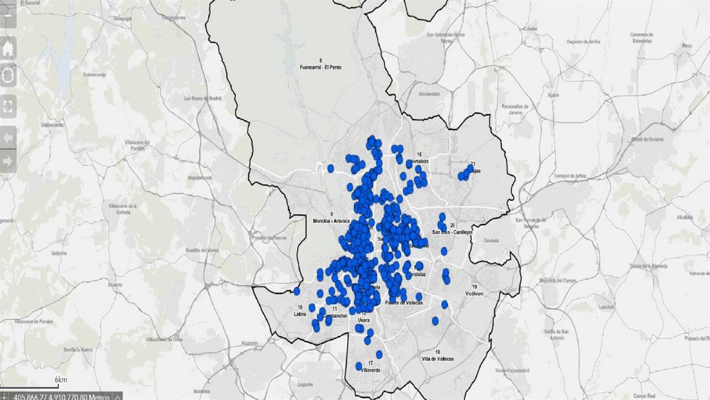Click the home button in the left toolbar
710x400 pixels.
[8, 49]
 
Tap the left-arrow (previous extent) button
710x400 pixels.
[8, 137]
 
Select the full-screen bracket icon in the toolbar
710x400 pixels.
[8, 107]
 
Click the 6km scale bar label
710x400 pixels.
[60, 379]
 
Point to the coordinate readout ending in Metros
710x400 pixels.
[58, 396]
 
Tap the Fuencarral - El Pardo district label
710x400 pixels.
[321, 67]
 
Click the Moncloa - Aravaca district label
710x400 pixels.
[332, 220]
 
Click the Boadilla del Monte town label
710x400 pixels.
[202, 250]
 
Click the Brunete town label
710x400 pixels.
[115, 284]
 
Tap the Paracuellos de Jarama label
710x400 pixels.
[502, 109]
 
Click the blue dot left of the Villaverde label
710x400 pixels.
[359, 366]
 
